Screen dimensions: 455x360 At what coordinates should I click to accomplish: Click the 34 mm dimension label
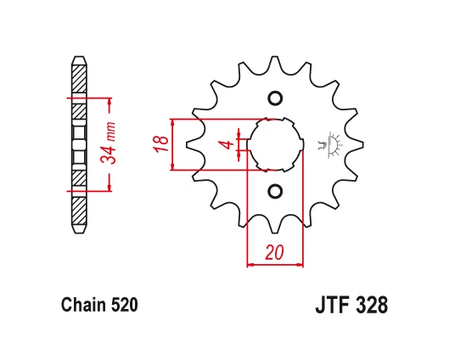(x=109, y=143)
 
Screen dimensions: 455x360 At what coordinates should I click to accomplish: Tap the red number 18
(x=161, y=143)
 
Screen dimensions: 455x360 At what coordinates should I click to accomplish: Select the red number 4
(x=229, y=144)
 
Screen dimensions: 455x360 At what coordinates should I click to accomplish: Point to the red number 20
(x=274, y=252)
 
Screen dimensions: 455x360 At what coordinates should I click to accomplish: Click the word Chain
(x=83, y=305)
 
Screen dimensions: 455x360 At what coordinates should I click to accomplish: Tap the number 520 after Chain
(x=124, y=305)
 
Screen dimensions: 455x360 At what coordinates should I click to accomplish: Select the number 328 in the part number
(x=372, y=305)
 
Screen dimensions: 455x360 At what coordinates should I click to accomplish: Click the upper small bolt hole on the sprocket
(x=275, y=98)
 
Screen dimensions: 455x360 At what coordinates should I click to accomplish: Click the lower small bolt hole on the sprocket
(x=275, y=191)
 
